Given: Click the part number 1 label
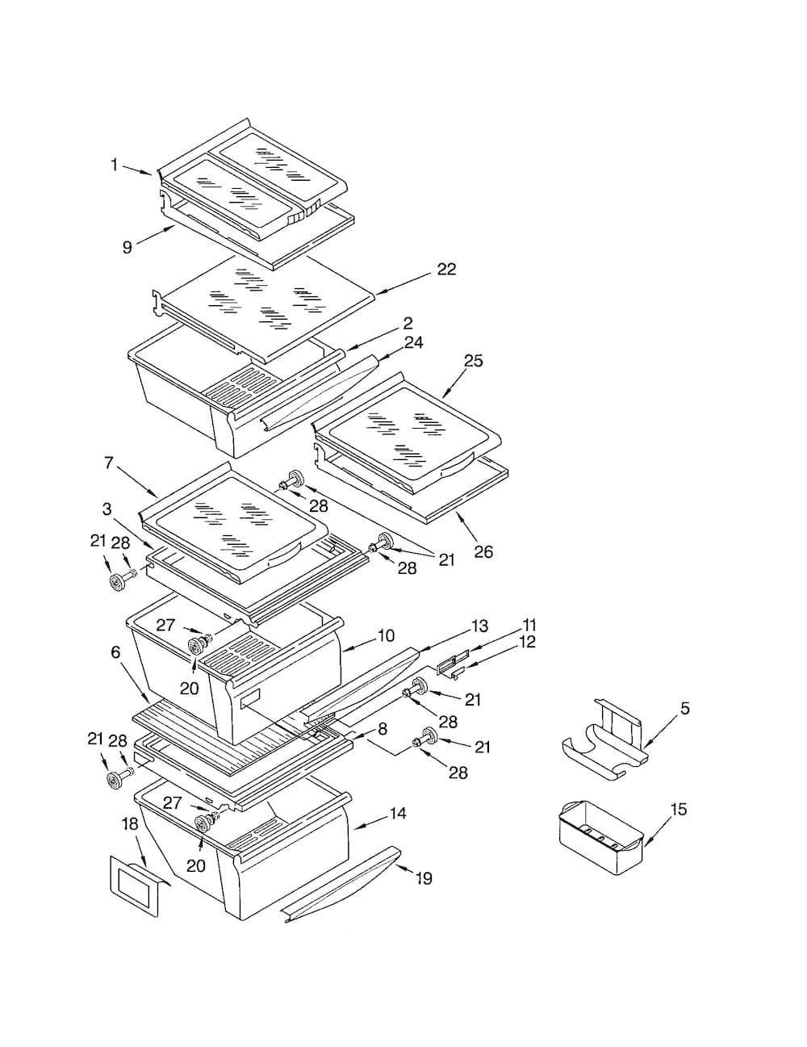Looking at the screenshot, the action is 114,165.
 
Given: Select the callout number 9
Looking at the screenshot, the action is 127,248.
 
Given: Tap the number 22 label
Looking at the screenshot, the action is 446,269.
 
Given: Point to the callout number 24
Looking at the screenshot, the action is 414,342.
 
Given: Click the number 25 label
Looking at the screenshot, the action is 473,360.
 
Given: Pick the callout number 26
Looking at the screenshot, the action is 483,551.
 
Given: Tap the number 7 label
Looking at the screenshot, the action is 108,463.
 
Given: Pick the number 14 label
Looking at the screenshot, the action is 397,814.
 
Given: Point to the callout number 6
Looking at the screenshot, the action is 115,652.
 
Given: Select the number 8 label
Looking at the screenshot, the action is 383,729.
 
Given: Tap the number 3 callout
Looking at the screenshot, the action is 107,509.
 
